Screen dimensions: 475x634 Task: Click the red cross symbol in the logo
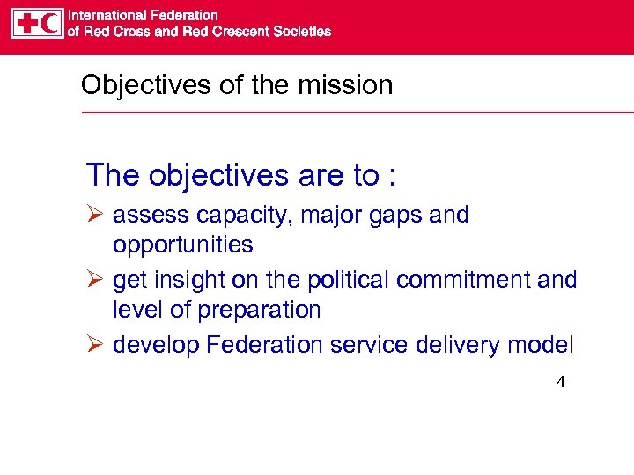[x=26, y=23]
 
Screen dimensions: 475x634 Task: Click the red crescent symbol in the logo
[x=51, y=23]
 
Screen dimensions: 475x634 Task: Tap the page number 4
[x=560, y=383]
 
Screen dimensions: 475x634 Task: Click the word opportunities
[x=182, y=245]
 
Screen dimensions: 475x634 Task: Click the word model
[x=541, y=345]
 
